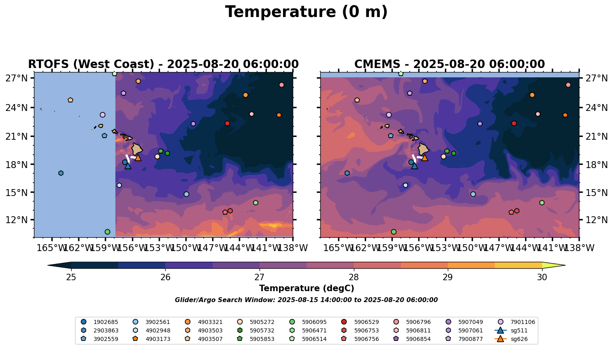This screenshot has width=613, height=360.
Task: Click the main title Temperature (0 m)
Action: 306,12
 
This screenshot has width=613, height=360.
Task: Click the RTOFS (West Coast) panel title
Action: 163,64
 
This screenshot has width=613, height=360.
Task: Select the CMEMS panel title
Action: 449,64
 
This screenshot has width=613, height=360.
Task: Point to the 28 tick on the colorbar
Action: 353,277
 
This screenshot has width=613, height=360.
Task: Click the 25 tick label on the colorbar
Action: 71,277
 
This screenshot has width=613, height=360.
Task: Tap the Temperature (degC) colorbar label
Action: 306,288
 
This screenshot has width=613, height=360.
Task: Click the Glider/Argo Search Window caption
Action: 306,300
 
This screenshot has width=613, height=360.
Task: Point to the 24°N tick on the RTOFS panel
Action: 17,108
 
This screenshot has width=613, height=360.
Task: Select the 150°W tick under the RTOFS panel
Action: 186,247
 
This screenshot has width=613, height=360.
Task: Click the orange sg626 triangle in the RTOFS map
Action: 138,158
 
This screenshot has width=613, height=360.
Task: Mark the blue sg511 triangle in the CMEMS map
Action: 414,166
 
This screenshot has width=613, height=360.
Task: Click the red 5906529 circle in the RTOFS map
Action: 227,123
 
